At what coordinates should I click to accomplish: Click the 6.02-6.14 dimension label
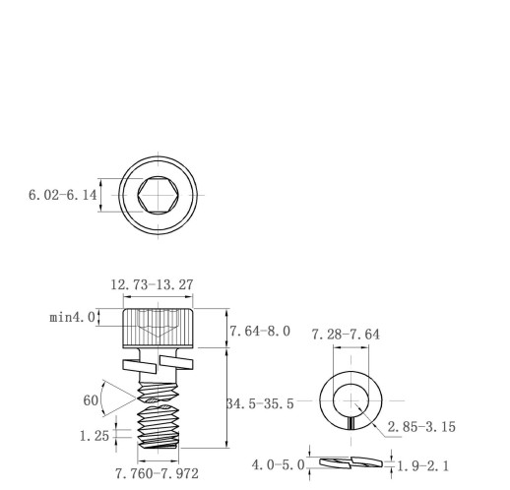[63, 195]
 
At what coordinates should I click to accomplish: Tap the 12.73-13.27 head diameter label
[152, 284]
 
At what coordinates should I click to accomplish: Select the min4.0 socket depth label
[72, 318]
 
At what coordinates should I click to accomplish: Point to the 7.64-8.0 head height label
[260, 332]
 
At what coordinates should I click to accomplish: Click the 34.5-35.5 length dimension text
[260, 403]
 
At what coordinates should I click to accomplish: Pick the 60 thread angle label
[91, 400]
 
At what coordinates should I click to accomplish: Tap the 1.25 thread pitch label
[95, 436]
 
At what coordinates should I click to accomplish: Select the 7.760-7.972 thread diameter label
[158, 473]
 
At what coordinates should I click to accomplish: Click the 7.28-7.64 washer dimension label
[346, 335]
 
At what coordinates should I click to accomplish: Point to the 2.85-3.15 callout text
[421, 427]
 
